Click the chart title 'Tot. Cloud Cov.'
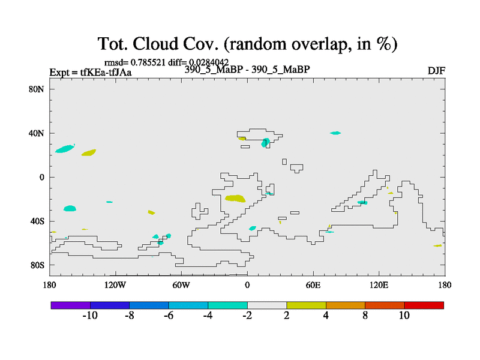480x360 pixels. (158, 43)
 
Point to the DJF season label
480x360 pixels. (436, 71)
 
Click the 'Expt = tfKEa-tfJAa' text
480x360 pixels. (91, 73)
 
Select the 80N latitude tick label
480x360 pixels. (37, 89)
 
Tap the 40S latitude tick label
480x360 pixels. (37, 221)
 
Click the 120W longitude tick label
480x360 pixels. (115, 286)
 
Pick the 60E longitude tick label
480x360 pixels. (313, 286)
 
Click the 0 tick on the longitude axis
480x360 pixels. (247, 286)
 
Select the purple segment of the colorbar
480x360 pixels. (71, 305)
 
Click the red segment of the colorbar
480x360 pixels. (424, 305)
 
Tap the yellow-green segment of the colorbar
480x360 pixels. (306, 305)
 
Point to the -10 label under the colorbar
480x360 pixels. (90, 316)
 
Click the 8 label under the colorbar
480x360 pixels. (365, 316)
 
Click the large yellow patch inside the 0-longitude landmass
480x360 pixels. (235, 199)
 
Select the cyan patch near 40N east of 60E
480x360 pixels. (335, 133)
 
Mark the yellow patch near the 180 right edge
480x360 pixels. (437, 245)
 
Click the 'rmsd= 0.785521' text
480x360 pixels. (134, 62)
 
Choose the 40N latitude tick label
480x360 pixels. (37, 133)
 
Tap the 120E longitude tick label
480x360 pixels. (379, 286)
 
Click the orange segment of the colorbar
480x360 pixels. (346, 305)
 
